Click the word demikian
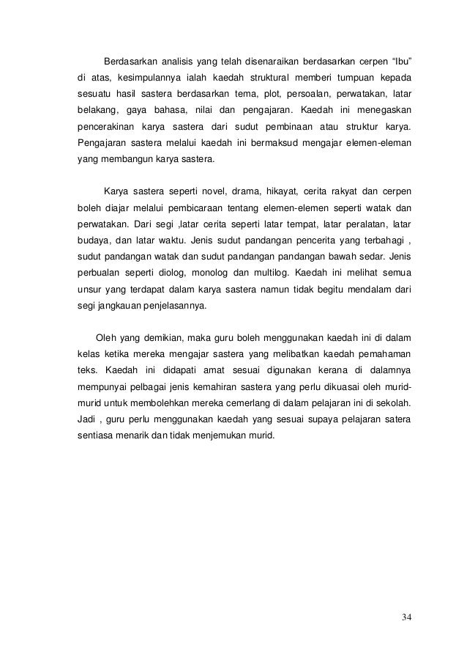tap(160, 338)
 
